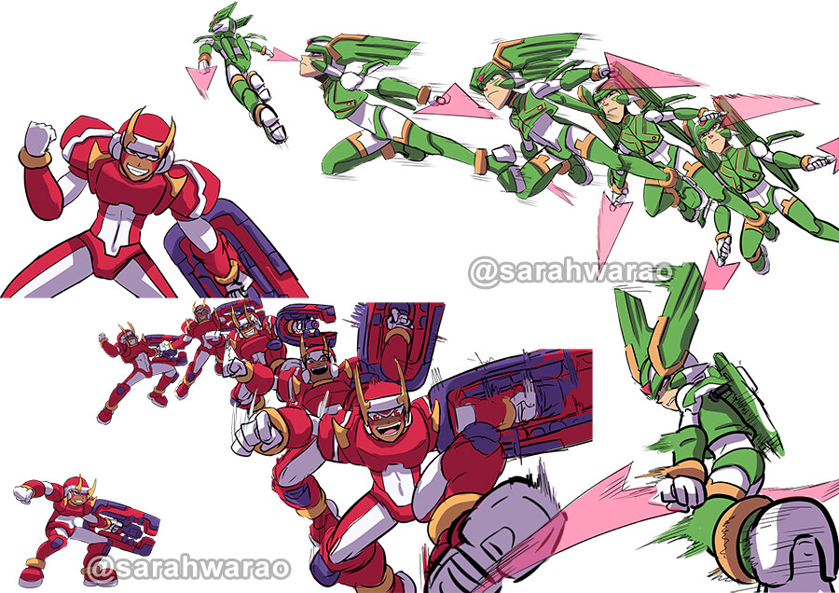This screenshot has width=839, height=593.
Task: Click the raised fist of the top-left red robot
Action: point(39,137)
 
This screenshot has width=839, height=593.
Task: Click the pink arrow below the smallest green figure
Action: point(199,78)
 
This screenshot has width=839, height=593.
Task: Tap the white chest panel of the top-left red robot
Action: point(117,225)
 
